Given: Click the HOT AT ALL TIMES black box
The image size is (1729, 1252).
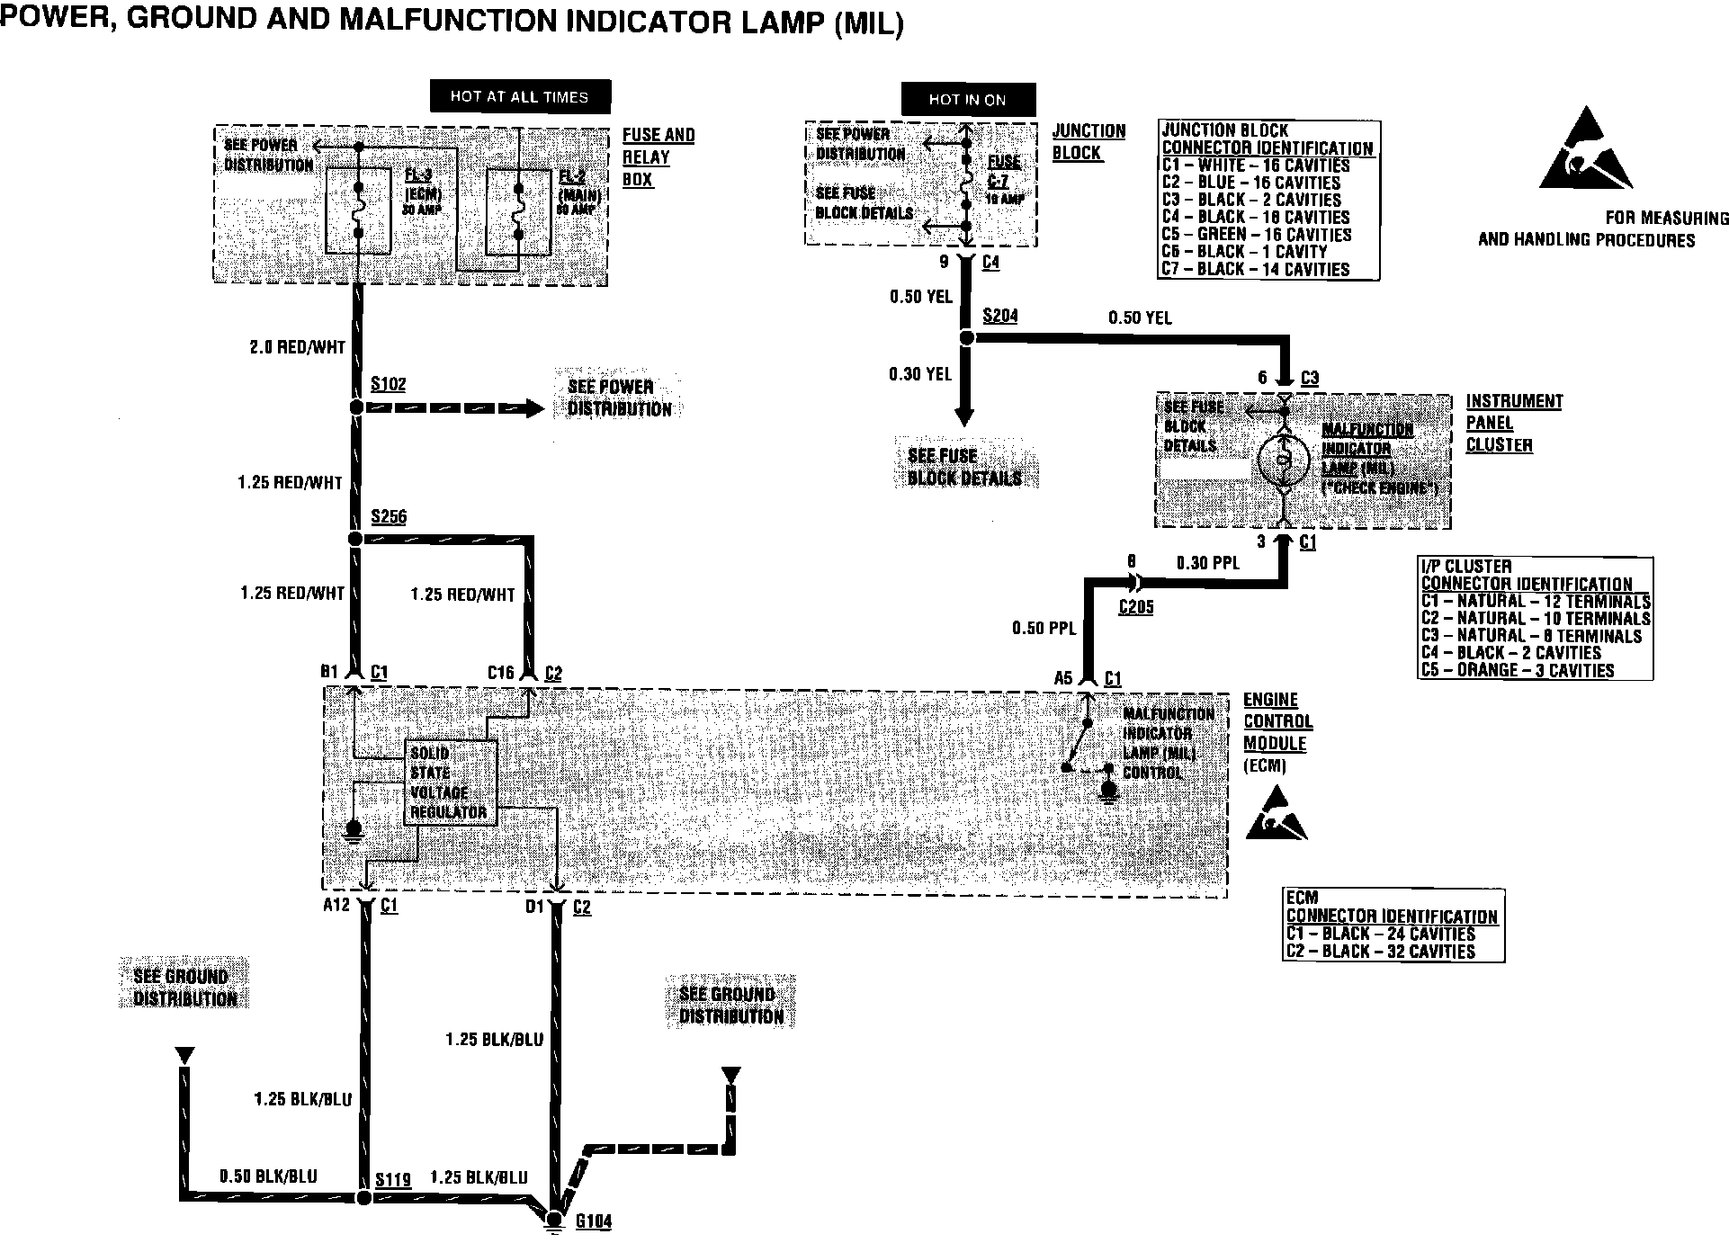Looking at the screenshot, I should (519, 96).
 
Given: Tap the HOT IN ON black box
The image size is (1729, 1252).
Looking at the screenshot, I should (967, 99).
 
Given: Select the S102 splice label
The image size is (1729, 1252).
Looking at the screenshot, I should (389, 385).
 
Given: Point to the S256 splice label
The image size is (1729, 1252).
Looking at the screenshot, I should (389, 517).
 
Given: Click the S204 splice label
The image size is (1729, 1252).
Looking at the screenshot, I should (999, 315).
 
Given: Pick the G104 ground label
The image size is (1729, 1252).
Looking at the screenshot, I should (594, 1221).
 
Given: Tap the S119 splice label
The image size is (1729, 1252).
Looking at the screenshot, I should (393, 1179).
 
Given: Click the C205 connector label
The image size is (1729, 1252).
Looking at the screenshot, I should (1135, 607).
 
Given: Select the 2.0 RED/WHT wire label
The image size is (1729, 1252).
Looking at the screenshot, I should (297, 347).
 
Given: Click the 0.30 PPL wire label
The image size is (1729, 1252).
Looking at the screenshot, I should (1207, 563).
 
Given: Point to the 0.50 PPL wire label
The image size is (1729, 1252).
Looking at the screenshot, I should (1044, 628).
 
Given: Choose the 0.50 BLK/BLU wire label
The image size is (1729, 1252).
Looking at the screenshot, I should (268, 1176).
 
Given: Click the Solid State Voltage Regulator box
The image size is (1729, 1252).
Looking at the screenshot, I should (450, 782).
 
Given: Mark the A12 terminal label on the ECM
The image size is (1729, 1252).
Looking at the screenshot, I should (336, 906).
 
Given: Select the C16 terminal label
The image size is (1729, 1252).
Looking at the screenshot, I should (500, 673).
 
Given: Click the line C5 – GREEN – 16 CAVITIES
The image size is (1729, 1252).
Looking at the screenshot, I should (1256, 235).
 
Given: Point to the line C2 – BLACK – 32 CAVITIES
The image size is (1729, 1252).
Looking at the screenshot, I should (1380, 952).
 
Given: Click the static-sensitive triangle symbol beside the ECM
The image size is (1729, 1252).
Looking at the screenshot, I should (1275, 815).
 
